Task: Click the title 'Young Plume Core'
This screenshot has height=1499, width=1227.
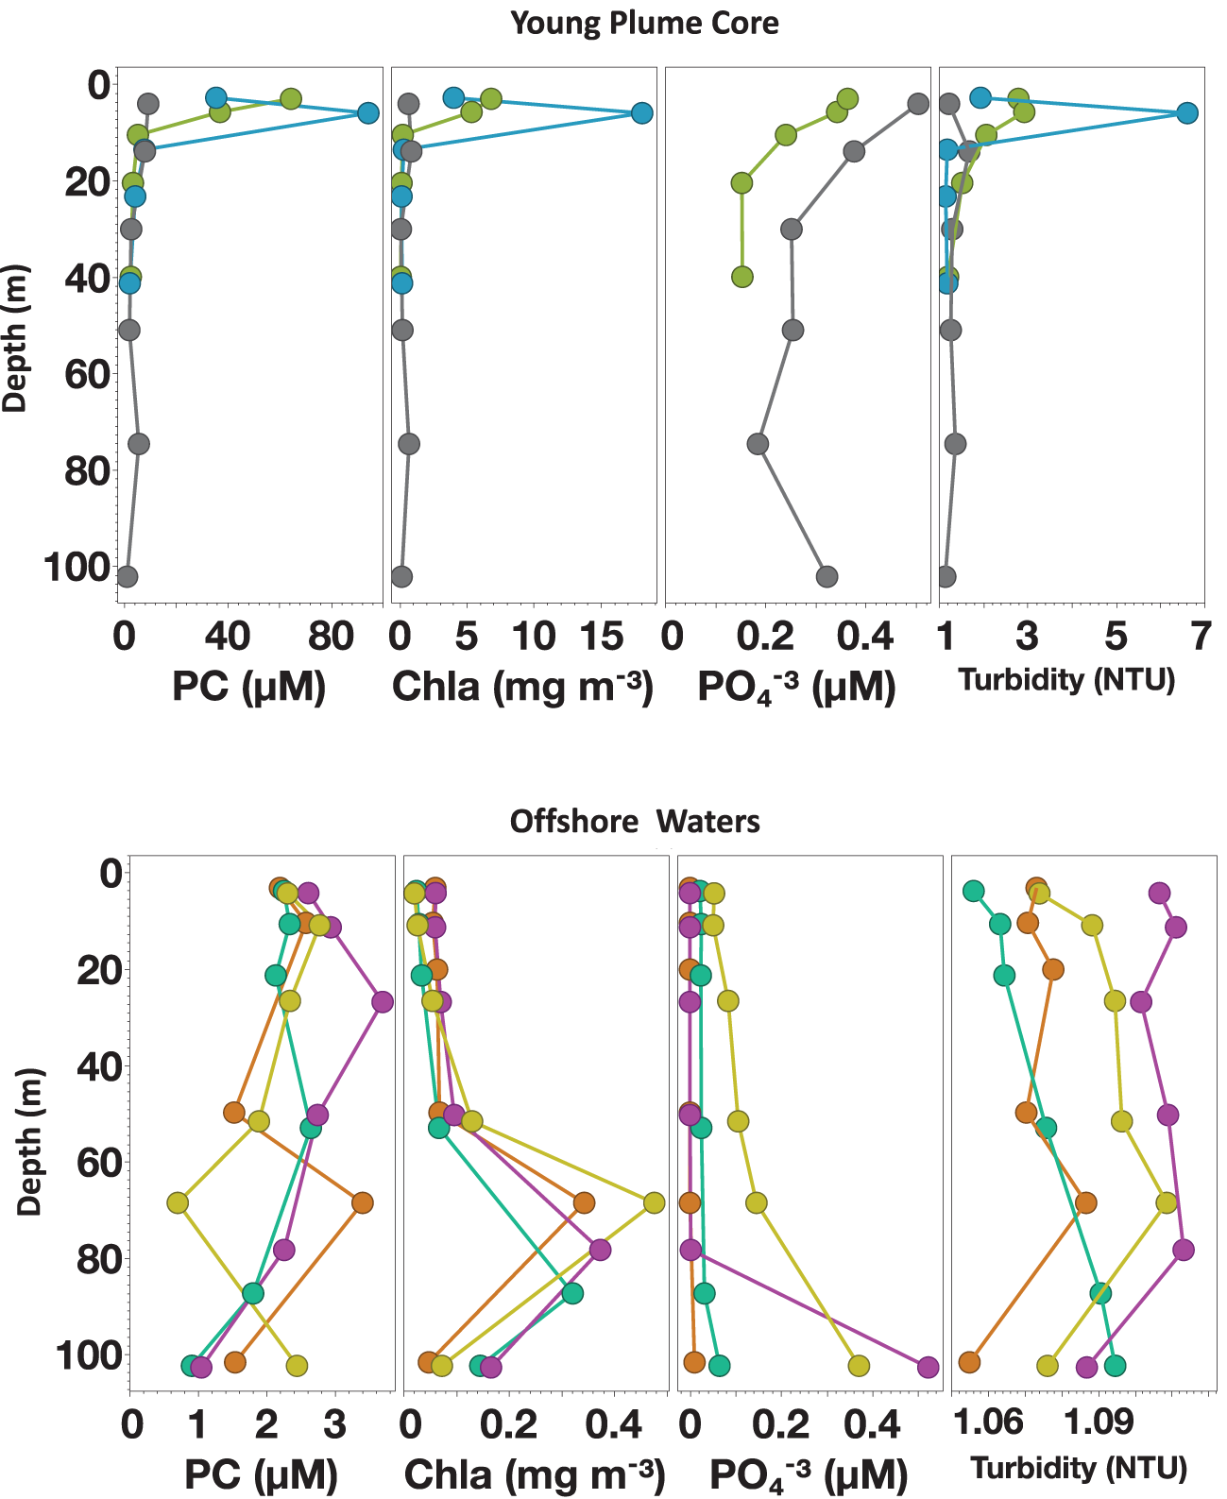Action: [644, 23]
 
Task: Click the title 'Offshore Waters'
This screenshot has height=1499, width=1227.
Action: [635, 821]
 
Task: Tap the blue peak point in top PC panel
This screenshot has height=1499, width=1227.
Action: [368, 113]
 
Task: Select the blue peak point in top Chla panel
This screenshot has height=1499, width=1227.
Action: [642, 113]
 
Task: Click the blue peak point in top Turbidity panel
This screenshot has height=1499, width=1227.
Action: [1187, 113]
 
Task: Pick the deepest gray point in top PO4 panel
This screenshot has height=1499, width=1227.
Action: [827, 576]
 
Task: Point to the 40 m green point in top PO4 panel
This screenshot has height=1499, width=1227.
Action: [742, 277]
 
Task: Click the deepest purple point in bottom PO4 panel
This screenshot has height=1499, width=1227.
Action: [928, 1367]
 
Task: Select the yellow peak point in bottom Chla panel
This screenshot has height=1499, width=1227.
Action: [654, 1202]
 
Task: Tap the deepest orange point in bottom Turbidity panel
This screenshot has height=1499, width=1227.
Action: [968, 1361]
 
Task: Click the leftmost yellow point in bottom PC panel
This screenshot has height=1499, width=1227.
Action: [178, 1202]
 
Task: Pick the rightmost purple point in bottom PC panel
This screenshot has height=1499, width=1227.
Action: [382, 1002]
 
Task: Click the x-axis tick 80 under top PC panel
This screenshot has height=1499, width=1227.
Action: [332, 638]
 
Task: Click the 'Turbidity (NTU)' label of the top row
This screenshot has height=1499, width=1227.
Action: [1067, 679]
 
